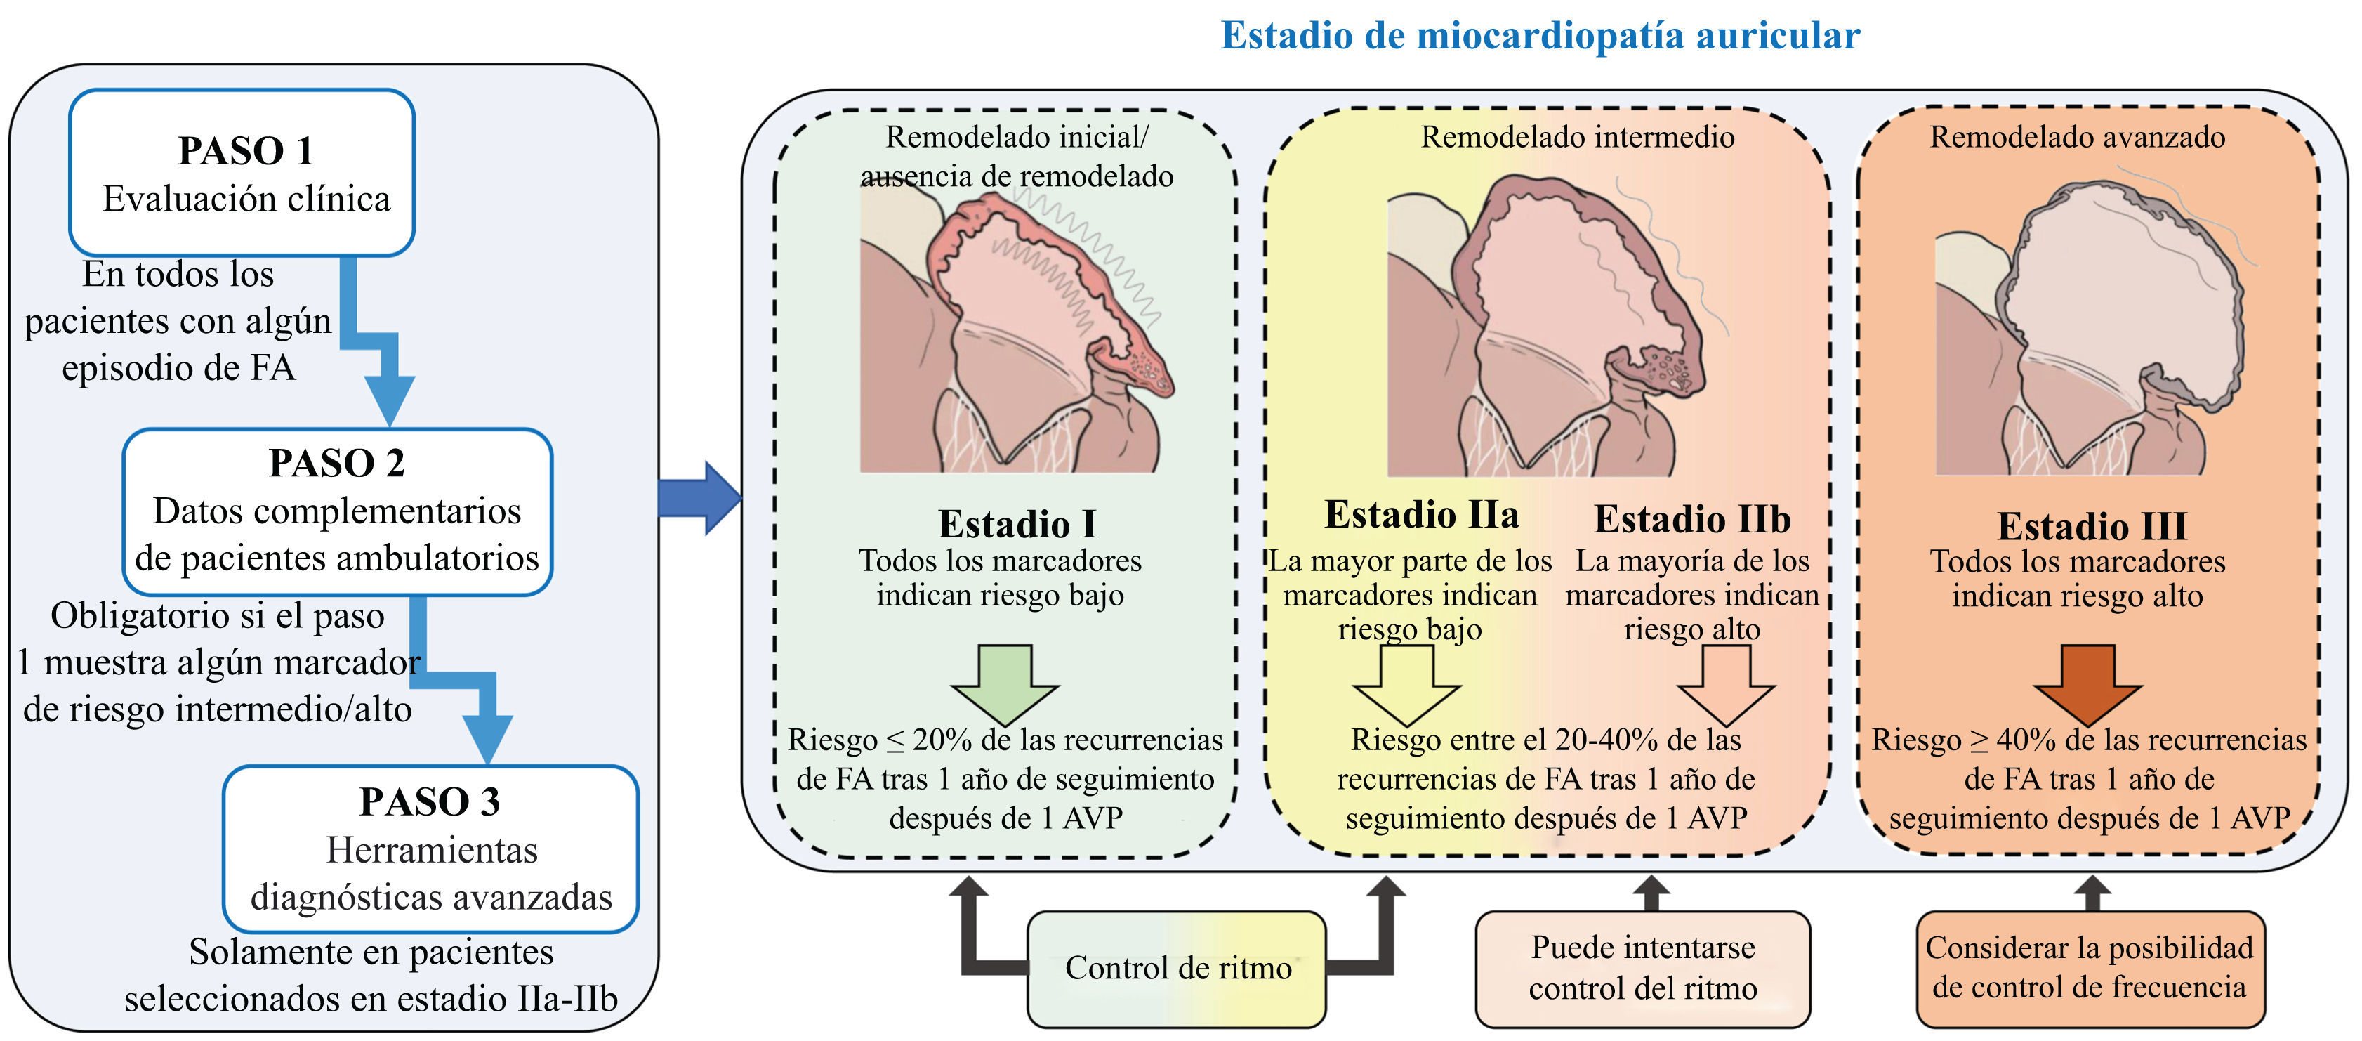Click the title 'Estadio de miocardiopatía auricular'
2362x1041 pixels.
point(1540,37)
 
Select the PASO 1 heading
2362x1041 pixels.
point(245,151)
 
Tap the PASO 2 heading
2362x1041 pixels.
point(336,463)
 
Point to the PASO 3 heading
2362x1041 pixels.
point(429,801)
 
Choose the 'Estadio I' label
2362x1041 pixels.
point(1017,525)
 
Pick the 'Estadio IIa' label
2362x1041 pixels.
point(1421,516)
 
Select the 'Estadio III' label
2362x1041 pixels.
point(2092,526)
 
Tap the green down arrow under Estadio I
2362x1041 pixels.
point(1005,683)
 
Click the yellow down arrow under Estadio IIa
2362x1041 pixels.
point(1406,683)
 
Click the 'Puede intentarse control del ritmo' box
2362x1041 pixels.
point(1642,969)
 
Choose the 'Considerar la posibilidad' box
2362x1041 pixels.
point(2090,969)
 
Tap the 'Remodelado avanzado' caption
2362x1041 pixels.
point(2077,138)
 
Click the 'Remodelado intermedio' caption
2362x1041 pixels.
point(1577,138)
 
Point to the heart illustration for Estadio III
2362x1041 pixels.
point(2090,330)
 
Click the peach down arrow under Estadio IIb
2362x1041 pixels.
point(1726,683)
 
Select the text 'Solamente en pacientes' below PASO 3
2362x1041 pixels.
point(371,952)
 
